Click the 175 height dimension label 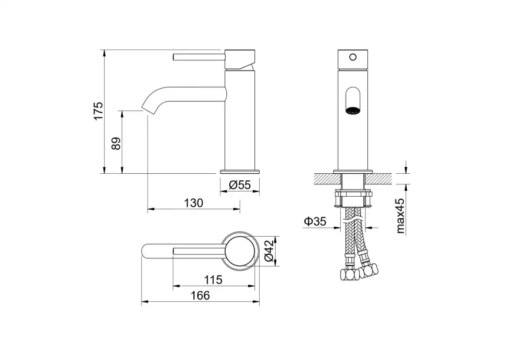(98, 111)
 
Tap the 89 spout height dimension (116, 143)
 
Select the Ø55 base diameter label (240, 185)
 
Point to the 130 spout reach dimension (193, 203)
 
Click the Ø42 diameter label (269, 251)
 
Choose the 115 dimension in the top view (213, 280)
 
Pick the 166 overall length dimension (200, 295)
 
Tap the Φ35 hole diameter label (315, 221)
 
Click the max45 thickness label (401, 216)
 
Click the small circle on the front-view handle (353, 58)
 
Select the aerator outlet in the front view (353, 110)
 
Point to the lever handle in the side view (199, 58)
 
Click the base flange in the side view (240, 171)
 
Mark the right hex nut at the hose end (370, 270)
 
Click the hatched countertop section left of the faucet (327, 179)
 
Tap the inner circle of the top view (240, 251)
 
